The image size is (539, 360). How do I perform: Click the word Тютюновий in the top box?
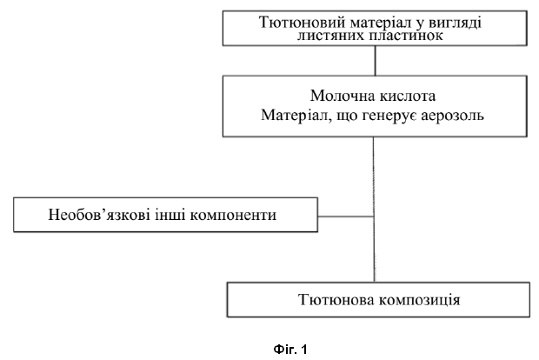tap(302, 23)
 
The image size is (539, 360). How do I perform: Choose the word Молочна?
tap(340, 96)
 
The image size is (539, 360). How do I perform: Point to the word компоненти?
tap(233, 216)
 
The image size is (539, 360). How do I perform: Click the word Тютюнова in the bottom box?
tap(336, 299)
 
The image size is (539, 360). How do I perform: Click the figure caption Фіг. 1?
tap(290, 350)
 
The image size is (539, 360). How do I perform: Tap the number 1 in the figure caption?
tap(303, 350)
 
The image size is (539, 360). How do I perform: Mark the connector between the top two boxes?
tap(375, 61)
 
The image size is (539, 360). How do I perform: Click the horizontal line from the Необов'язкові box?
tap(346, 217)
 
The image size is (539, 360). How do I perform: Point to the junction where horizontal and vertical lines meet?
tap(374, 217)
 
